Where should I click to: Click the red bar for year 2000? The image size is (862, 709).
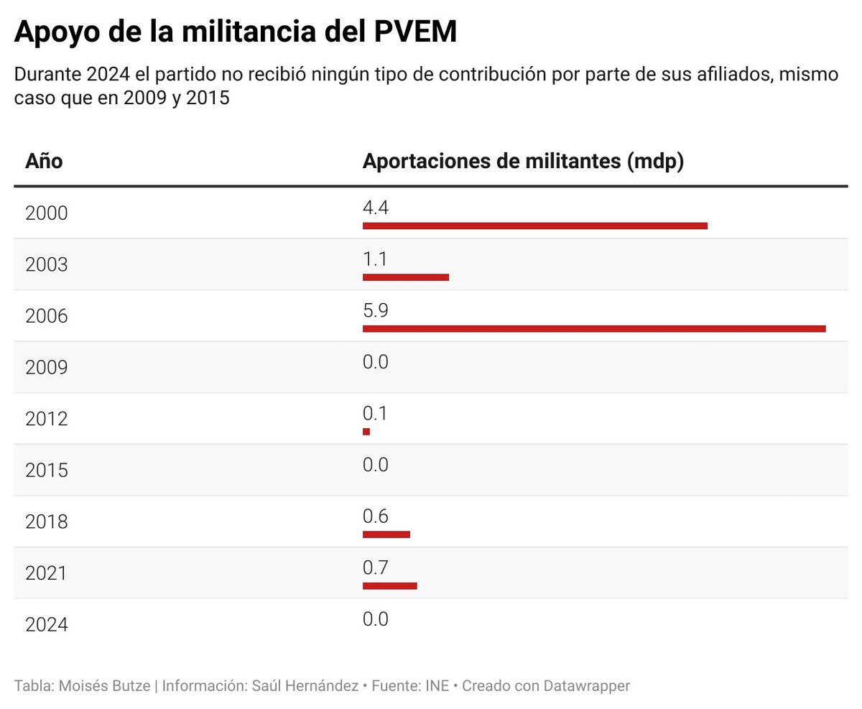[x=534, y=226]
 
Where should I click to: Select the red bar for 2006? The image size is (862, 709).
[x=593, y=329]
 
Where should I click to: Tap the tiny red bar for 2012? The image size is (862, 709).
[x=366, y=432]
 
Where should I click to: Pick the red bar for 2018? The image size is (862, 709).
[x=386, y=534]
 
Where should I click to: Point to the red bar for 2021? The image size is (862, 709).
[x=389, y=586]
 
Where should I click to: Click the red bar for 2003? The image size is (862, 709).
[x=405, y=277]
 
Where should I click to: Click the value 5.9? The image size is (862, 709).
[x=376, y=311]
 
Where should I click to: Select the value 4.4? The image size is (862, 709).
[x=376, y=208]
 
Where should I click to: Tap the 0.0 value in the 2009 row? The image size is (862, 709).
[x=376, y=362]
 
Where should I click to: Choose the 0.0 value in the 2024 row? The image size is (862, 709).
[x=376, y=619]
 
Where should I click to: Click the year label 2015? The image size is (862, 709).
[x=46, y=471]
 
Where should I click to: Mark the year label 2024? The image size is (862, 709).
[x=46, y=625]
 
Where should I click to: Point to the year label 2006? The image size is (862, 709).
[x=46, y=316]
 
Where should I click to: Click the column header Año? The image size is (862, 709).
[x=44, y=162]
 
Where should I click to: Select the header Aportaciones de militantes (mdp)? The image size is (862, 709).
[x=522, y=162]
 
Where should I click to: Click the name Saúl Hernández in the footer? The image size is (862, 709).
[x=305, y=686]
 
